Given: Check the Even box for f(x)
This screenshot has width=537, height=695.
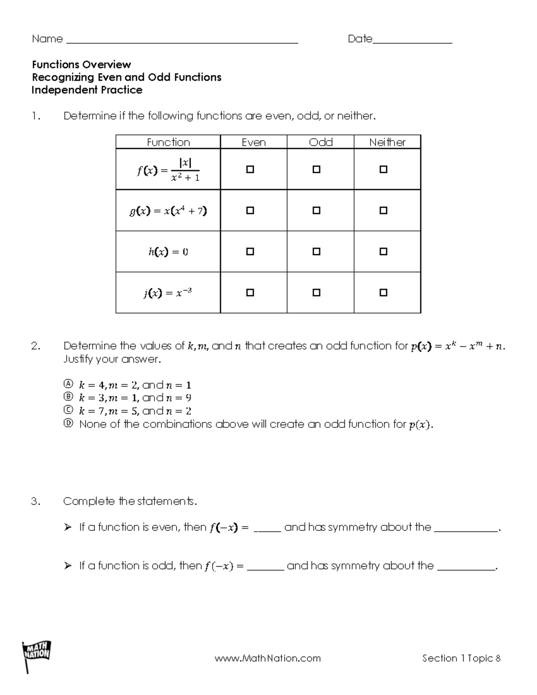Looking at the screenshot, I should pos(250,170).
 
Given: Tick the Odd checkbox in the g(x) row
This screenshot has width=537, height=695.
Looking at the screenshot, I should pos(316,210).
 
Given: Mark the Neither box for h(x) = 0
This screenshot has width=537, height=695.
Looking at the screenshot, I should pos(383,252).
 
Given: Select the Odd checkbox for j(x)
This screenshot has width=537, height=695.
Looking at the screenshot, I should pos(316,293).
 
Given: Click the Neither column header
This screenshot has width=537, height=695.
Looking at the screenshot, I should pos(387,142).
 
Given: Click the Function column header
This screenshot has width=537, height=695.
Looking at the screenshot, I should pos(168,142).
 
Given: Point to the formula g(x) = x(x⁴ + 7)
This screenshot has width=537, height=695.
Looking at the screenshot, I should pos(168,211).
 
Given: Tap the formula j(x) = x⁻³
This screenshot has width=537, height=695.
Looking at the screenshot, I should pos(168,293).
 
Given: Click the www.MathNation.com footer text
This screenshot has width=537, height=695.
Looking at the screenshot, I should pos(268,658).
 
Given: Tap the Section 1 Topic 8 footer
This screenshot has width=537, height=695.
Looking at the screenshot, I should pos(461,658).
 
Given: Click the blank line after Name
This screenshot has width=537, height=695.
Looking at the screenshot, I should pos(182,43).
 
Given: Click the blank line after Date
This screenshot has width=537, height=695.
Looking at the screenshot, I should pos(412,43).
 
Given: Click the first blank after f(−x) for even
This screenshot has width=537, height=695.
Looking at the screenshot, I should pos(267,530).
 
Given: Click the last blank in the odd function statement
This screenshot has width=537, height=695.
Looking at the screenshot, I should pos(466,569).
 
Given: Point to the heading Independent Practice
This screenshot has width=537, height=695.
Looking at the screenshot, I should pos(87,90).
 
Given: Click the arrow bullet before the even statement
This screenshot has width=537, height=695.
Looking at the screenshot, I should pos(68,528).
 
